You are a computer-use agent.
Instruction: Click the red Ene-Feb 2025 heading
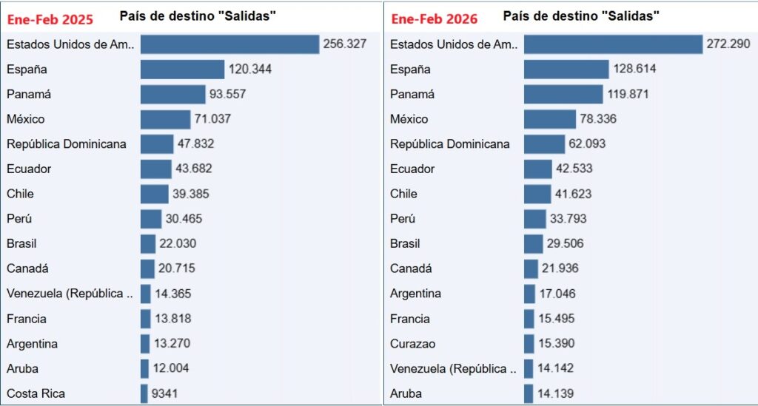point(50,19)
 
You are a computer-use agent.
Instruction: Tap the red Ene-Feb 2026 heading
point(435,18)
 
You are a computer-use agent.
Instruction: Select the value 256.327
point(344,44)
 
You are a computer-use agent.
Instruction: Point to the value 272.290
point(728,44)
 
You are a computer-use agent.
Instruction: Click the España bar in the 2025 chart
point(182,70)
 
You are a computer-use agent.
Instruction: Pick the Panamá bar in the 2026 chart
point(563,95)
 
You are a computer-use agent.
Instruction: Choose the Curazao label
point(412,344)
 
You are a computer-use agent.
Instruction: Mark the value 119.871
point(631,95)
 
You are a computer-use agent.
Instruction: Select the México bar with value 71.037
point(165,119)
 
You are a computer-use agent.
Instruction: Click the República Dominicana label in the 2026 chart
point(450,144)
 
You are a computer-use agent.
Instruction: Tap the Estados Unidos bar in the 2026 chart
point(613,44)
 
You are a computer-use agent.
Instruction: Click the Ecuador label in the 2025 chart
point(29,169)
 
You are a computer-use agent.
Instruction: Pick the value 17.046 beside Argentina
point(557,294)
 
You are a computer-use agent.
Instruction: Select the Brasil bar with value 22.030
point(148,243)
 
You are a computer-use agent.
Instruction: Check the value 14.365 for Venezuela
point(173,294)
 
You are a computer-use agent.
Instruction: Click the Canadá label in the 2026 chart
point(411,268)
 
